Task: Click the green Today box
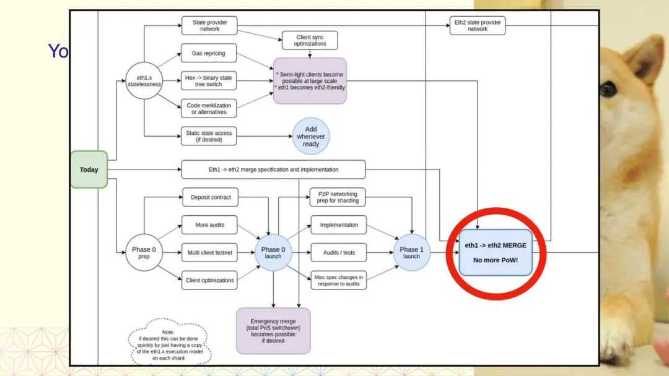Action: click(89, 169)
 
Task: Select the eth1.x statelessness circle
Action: click(144, 82)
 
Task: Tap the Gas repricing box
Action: click(209, 54)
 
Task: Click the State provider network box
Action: click(209, 26)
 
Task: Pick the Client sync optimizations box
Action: click(310, 40)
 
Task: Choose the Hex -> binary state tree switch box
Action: click(209, 80)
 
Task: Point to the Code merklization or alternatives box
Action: click(209, 108)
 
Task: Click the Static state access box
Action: click(209, 136)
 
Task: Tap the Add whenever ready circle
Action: click(311, 137)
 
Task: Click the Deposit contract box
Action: click(210, 197)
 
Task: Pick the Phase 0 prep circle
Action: click(144, 252)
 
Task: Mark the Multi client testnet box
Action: click(209, 252)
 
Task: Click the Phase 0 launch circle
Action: click(274, 252)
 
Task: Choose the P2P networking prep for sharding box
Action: click(338, 197)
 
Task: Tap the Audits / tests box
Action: click(339, 252)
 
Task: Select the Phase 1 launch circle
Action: click(411, 252)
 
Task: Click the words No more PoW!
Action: click(496, 260)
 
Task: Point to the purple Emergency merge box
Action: click(274, 331)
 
